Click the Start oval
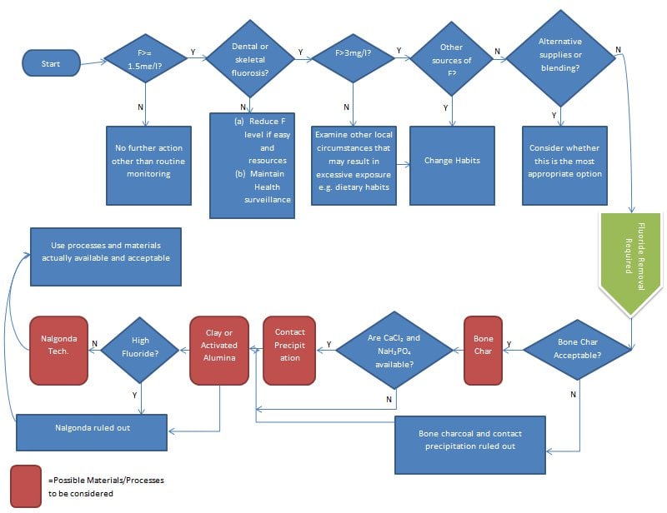click(51, 62)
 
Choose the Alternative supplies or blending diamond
click(560, 57)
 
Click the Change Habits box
click(452, 161)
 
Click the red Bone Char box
click(483, 351)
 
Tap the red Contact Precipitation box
click(290, 351)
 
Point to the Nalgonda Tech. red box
click(58, 351)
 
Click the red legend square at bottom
click(27, 486)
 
